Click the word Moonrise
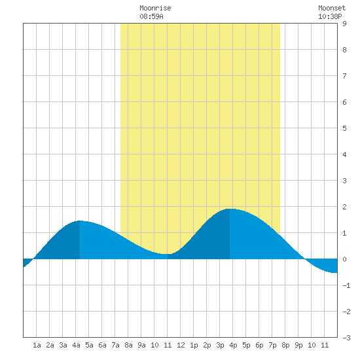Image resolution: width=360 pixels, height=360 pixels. click(x=155, y=8)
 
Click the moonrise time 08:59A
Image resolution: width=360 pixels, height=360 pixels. click(x=152, y=16)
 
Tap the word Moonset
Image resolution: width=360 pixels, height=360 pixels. click(x=332, y=8)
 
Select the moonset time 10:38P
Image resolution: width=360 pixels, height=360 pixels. click(x=330, y=16)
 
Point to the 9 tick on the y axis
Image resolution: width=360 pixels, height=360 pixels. click(x=344, y=24)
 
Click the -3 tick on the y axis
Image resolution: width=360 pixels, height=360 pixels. click(x=346, y=338)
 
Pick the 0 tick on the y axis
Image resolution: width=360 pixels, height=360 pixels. click(x=344, y=259)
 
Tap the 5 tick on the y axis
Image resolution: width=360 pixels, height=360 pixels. click(x=344, y=128)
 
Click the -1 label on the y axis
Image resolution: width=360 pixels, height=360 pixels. click(x=346, y=285)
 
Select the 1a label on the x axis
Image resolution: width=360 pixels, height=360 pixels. click(x=37, y=345)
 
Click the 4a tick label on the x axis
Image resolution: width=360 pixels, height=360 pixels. click(x=76, y=345)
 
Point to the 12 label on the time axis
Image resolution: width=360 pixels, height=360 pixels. click(x=181, y=345)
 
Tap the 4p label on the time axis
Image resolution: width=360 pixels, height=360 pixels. click(x=233, y=345)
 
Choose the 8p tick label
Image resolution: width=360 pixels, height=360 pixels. click(x=285, y=345)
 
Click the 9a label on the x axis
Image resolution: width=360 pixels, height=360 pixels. click(x=141, y=345)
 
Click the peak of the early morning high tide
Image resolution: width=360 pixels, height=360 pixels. click(x=80, y=221)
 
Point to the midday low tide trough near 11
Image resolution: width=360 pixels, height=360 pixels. click(x=166, y=254)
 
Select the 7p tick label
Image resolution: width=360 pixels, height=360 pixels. click(x=272, y=345)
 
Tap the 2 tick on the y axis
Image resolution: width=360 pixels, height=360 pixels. click(x=344, y=207)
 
